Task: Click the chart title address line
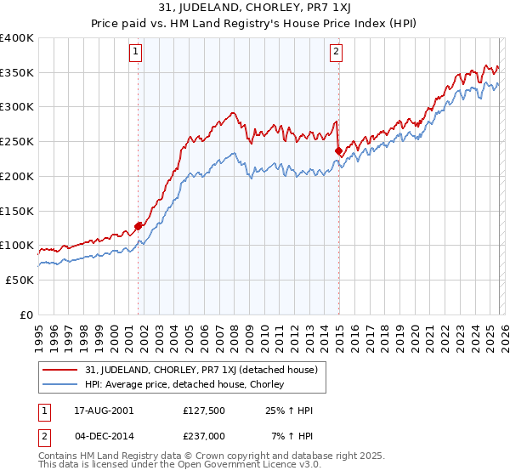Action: (255, 8)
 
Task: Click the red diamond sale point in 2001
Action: (139, 226)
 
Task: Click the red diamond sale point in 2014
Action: (339, 150)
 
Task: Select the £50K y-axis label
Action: (20, 280)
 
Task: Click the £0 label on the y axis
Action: (26, 314)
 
